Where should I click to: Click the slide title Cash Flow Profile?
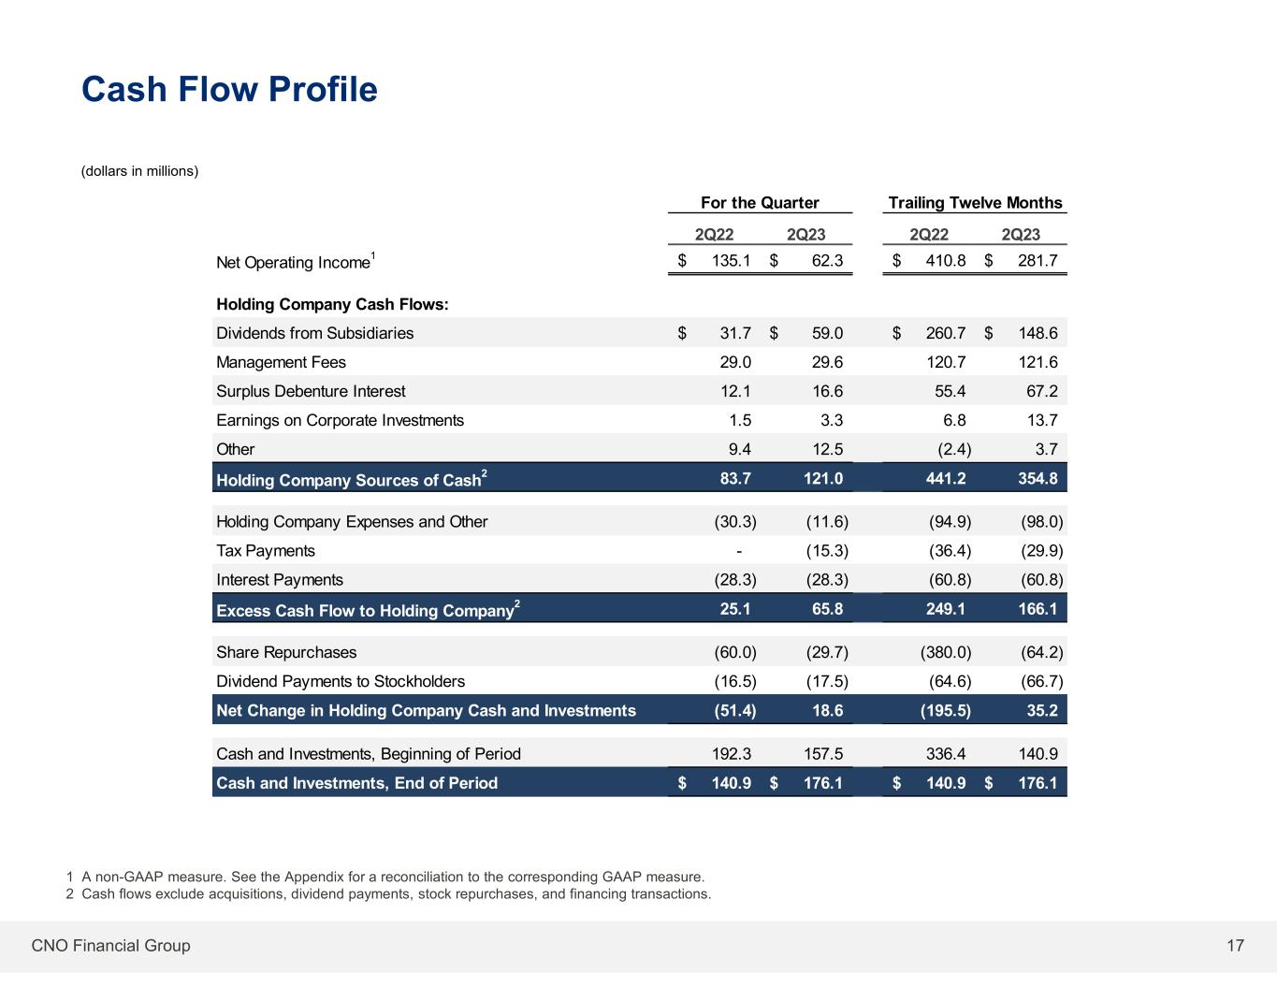pos(229,90)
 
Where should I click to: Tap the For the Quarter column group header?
pos(760,203)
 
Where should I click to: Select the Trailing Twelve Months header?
pos(975,203)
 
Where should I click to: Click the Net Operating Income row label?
pos(294,263)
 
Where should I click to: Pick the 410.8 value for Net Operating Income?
pos(945,261)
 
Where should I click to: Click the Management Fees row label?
pos(281,362)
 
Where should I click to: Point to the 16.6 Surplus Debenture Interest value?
pos(827,391)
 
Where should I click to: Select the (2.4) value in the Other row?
pos(954,449)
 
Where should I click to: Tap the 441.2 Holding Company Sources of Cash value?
pos(946,479)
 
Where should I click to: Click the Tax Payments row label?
pos(266,551)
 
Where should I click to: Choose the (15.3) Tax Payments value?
pos(827,551)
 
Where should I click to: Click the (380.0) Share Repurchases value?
pos(946,652)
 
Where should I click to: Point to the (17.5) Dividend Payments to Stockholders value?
pos(827,681)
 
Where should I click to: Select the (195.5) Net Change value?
pos(946,710)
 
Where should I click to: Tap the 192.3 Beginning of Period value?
pos(732,754)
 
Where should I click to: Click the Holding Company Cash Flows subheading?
pos(332,304)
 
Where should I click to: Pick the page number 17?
pos(1235,946)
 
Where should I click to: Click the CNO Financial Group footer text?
pos(110,946)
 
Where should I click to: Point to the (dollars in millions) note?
pos(139,171)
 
